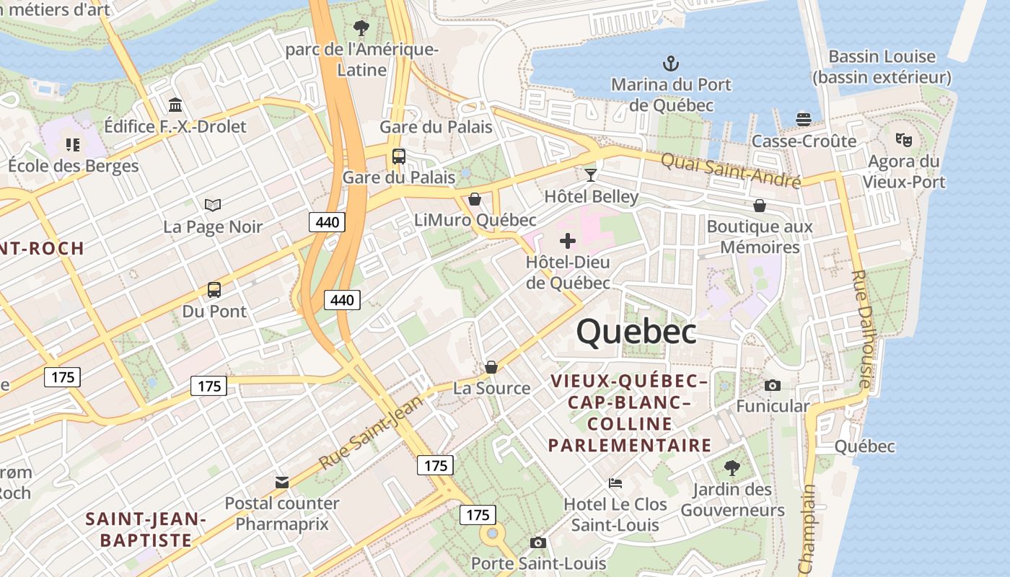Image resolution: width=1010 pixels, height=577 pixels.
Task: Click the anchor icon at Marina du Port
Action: pyautogui.click(x=671, y=63)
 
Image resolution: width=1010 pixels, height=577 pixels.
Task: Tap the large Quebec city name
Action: pyautogui.click(x=636, y=332)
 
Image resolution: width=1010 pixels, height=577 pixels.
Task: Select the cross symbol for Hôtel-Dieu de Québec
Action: pyautogui.click(x=568, y=240)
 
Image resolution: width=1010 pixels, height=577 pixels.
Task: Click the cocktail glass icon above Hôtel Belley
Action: pyautogui.click(x=591, y=175)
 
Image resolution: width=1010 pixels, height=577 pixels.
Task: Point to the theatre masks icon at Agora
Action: pyautogui.click(x=903, y=139)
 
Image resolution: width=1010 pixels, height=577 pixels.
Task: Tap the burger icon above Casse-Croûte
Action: pyautogui.click(x=804, y=119)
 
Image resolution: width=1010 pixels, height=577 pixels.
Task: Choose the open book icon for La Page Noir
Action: pyautogui.click(x=212, y=206)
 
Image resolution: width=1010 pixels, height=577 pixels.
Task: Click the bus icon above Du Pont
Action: pyautogui.click(x=214, y=290)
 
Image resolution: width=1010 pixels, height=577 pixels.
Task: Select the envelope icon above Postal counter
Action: pyautogui.click(x=282, y=482)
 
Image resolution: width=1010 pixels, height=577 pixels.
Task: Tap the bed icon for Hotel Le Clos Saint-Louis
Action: pyautogui.click(x=615, y=482)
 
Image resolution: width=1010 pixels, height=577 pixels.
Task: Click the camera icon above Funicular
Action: pyautogui.click(x=773, y=385)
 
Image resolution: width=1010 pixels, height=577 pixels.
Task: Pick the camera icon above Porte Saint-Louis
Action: pyautogui.click(x=537, y=542)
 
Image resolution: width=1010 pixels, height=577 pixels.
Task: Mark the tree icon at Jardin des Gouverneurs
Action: pyautogui.click(x=732, y=467)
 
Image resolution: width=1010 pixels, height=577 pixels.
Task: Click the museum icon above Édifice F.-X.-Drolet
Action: pyautogui.click(x=175, y=105)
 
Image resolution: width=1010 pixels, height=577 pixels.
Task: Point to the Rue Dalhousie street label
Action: pyautogui.click(x=861, y=328)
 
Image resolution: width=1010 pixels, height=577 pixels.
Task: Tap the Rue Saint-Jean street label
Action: pyautogui.click(x=371, y=432)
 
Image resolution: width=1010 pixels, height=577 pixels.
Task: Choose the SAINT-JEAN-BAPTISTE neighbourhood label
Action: pyautogui.click(x=146, y=529)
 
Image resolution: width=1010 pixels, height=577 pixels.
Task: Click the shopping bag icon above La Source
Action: pyautogui.click(x=491, y=367)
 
